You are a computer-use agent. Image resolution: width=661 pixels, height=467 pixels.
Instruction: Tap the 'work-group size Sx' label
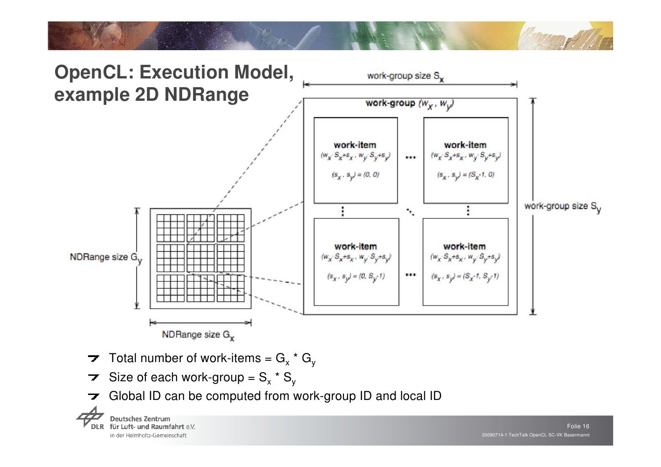pyautogui.click(x=405, y=76)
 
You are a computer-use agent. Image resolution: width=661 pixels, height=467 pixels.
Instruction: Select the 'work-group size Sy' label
pyautogui.click(x=562, y=207)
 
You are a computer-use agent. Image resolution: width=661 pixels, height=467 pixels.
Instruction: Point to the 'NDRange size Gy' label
pyautogui.click(x=105, y=258)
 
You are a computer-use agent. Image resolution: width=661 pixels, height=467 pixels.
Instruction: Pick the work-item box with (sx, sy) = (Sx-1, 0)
pyautogui.click(x=465, y=160)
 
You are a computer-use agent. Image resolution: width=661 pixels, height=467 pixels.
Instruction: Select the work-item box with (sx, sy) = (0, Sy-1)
pyautogui.click(x=356, y=262)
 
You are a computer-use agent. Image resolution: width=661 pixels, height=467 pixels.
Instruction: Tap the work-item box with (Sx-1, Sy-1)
pyautogui.click(x=465, y=262)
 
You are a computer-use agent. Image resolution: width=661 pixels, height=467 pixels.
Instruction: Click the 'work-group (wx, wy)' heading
pyautogui.click(x=409, y=104)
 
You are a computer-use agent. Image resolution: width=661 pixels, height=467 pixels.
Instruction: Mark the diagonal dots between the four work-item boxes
pyautogui.click(x=411, y=211)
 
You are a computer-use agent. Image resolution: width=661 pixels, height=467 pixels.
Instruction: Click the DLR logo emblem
pyautogui.click(x=90, y=417)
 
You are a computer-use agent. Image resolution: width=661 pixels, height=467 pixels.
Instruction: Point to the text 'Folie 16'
pyautogui.click(x=578, y=426)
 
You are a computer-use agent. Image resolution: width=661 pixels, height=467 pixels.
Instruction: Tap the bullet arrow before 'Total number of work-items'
pyautogui.click(x=94, y=358)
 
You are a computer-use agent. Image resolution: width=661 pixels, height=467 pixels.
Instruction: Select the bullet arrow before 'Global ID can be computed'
pyautogui.click(x=94, y=396)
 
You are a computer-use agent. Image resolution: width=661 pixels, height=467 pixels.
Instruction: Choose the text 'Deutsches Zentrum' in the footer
pyautogui.click(x=140, y=419)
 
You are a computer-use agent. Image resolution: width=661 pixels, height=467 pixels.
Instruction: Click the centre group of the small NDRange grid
pyautogui.click(x=200, y=258)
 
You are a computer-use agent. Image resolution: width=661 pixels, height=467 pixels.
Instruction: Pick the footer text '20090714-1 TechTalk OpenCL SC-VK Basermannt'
pyautogui.click(x=535, y=435)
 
